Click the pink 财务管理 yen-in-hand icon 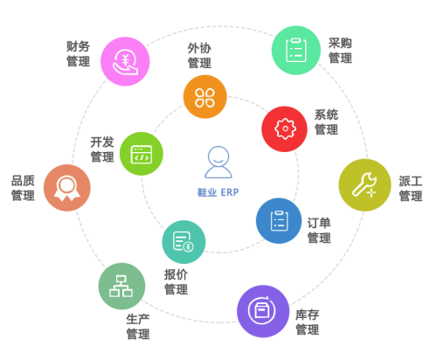[x=125, y=61]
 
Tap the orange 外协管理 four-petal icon [x=205, y=97]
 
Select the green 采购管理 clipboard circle [x=296, y=50]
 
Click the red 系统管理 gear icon [x=285, y=128]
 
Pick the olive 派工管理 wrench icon [x=364, y=185]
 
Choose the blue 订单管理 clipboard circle [x=279, y=221]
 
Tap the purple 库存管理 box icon [x=263, y=311]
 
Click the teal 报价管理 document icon [x=184, y=242]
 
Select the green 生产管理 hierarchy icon [x=121, y=286]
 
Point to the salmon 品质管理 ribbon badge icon [x=67, y=188]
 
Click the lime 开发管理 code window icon [x=142, y=154]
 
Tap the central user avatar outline [x=218, y=162]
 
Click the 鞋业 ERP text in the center [x=218, y=192]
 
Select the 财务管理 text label [x=79, y=54]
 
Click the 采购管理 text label [x=340, y=51]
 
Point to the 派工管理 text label [x=411, y=189]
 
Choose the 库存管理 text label [x=308, y=322]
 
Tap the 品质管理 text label [x=23, y=188]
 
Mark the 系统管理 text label [x=326, y=122]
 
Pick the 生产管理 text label [x=138, y=327]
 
